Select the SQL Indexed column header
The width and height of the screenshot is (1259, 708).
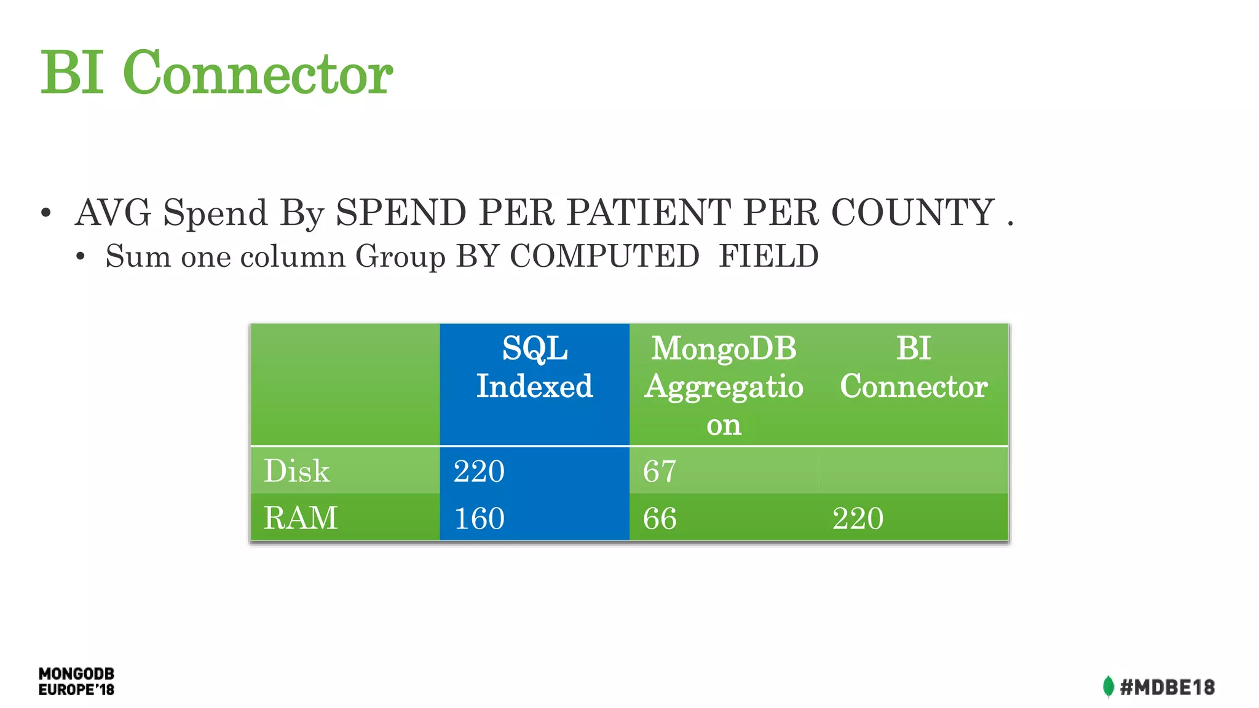click(534, 368)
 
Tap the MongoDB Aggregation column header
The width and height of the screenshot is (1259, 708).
click(724, 385)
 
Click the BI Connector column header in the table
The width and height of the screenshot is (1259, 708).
click(914, 368)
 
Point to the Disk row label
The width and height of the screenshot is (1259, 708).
click(297, 471)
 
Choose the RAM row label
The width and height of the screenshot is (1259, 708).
click(301, 517)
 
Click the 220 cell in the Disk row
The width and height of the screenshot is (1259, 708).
click(479, 471)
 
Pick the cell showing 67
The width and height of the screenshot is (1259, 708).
click(660, 471)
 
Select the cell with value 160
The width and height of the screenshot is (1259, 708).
click(479, 518)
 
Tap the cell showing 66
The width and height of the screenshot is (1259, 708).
click(660, 518)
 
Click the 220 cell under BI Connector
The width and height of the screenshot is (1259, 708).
click(858, 518)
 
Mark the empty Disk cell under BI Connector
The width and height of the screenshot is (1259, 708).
click(914, 471)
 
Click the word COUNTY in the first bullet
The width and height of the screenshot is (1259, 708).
click(912, 213)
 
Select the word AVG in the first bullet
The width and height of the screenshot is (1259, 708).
click(113, 213)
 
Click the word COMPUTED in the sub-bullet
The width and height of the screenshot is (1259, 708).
click(604, 256)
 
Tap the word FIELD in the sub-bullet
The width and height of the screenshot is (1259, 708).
click(768, 256)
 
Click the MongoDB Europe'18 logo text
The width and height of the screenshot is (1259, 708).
click(76, 682)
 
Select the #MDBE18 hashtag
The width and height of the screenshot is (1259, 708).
click(1167, 687)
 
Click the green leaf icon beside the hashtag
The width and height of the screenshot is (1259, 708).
click(1108, 686)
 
